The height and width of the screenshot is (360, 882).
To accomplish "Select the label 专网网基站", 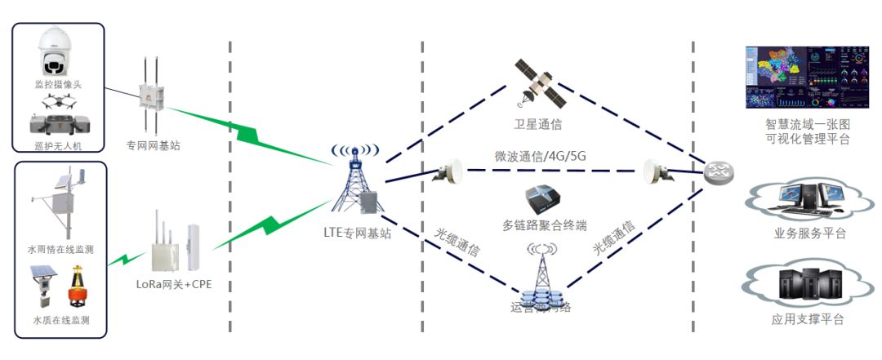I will [x=153, y=145].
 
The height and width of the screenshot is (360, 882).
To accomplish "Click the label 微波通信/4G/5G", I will [x=540, y=156].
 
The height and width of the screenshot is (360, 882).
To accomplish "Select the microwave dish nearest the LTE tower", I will [x=448, y=171].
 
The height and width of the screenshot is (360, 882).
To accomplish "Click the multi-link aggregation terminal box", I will [x=544, y=201].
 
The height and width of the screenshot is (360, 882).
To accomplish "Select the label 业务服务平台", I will [x=809, y=233].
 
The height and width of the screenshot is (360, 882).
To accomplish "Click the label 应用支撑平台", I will [x=808, y=319].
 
